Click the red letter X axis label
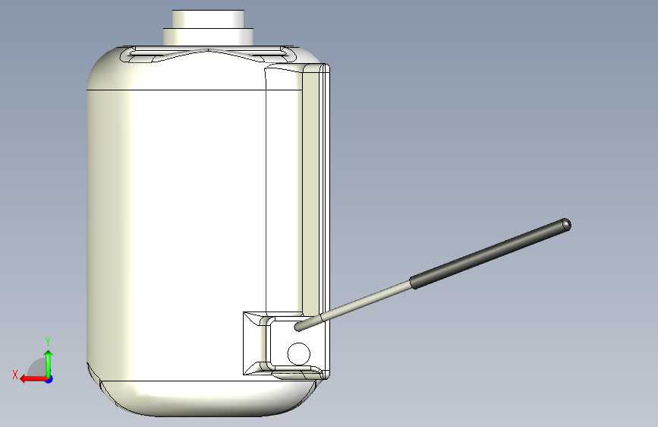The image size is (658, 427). click(x=15, y=375)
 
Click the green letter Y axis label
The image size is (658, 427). click(x=47, y=341)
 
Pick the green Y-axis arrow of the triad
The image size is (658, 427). click(x=49, y=360)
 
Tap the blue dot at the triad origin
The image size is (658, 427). click(x=49, y=378)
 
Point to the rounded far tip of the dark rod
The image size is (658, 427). click(x=566, y=224)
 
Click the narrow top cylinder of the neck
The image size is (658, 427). click(x=208, y=18)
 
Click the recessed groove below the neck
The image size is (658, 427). click(x=208, y=55)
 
